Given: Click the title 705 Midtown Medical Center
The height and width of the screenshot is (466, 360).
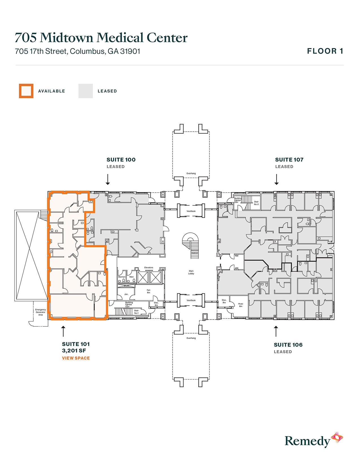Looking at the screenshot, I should click(101, 38).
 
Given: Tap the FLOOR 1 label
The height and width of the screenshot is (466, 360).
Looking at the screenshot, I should click(325, 51).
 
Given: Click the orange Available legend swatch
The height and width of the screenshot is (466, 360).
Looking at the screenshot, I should click(26, 91).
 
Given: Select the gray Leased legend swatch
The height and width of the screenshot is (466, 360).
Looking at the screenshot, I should click(86, 91).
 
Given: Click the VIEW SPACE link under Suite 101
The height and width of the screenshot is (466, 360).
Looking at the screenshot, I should click(76, 358).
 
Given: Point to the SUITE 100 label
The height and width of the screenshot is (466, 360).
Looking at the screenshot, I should click(121, 160).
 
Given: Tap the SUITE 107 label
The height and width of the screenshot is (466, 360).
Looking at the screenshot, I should click(289, 160).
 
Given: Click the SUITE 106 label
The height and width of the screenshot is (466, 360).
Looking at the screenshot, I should click(288, 345).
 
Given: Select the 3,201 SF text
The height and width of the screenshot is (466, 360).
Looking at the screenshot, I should click(74, 351).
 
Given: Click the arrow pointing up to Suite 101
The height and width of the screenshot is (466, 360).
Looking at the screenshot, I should click(63, 331).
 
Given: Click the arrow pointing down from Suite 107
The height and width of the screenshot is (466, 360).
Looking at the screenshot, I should click(276, 179).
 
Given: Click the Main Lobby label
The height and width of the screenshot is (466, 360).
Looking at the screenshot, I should click(191, 272).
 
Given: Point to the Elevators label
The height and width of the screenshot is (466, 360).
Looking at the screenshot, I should click(149, 267).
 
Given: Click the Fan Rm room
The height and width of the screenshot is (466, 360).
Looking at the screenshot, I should click(149, 291).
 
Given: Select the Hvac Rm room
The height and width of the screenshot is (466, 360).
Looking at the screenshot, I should click(241, 305).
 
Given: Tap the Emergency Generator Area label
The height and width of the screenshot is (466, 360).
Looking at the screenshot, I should click(40, 312).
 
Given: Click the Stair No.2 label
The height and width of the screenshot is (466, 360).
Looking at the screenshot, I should click(256, 203).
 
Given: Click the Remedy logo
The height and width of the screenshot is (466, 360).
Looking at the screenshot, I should click(313, 440).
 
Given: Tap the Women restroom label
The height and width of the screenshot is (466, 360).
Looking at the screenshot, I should click(122, 277).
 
